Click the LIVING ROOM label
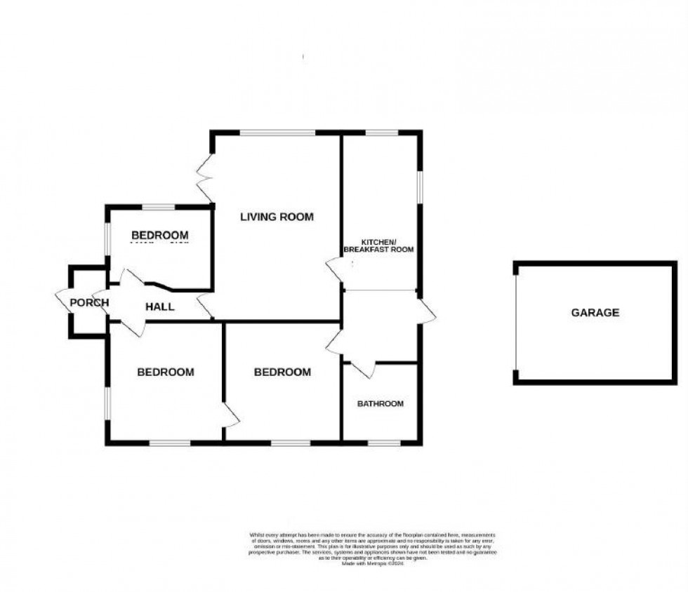pos(277,217)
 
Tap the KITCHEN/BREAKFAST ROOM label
pos(378,245)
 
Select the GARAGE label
pos(595,313)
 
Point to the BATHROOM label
pos(381,403)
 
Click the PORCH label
pos(89,303)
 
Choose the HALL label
pos(160,307)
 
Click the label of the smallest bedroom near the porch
pos(160,235)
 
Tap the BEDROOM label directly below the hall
pos(165,372)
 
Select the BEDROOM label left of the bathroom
pos(282,372)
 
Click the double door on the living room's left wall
pos(206,177)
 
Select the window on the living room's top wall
pos(277,132)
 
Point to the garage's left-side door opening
pos(516,323)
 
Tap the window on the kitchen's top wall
pos(381,132)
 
